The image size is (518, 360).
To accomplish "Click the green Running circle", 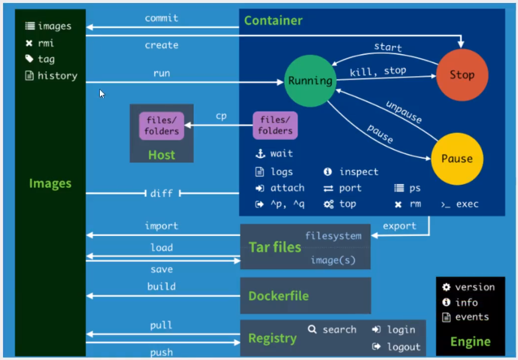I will click(309, 80).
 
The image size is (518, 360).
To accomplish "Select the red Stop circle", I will click(462, 75).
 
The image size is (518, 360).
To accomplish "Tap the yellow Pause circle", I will click(457, 159).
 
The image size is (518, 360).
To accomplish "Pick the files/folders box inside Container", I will click(275, 126).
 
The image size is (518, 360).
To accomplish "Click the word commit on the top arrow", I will click(162, 18).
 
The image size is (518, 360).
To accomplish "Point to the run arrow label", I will click(162, 73).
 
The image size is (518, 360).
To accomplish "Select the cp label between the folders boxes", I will click(221, 116).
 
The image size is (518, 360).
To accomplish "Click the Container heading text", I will click(273, 21).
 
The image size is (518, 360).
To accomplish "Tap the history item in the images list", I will click(57, 75).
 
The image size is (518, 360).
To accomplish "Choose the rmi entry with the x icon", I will click(46, 43).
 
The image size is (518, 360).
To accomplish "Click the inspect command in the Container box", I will click(359, 172).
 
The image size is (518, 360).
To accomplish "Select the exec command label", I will click(467, 204).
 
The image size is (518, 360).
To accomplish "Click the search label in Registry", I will click(339, 329).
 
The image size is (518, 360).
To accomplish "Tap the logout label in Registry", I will click(403, 347).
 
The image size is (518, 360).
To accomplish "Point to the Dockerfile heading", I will click(279, 296).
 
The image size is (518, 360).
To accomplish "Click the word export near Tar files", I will click(400, 226).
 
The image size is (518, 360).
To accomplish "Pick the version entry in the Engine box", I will click(475, 287).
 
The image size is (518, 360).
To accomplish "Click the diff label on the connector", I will click(162, 193).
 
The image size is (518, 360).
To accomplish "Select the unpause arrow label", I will click(404, 111).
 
